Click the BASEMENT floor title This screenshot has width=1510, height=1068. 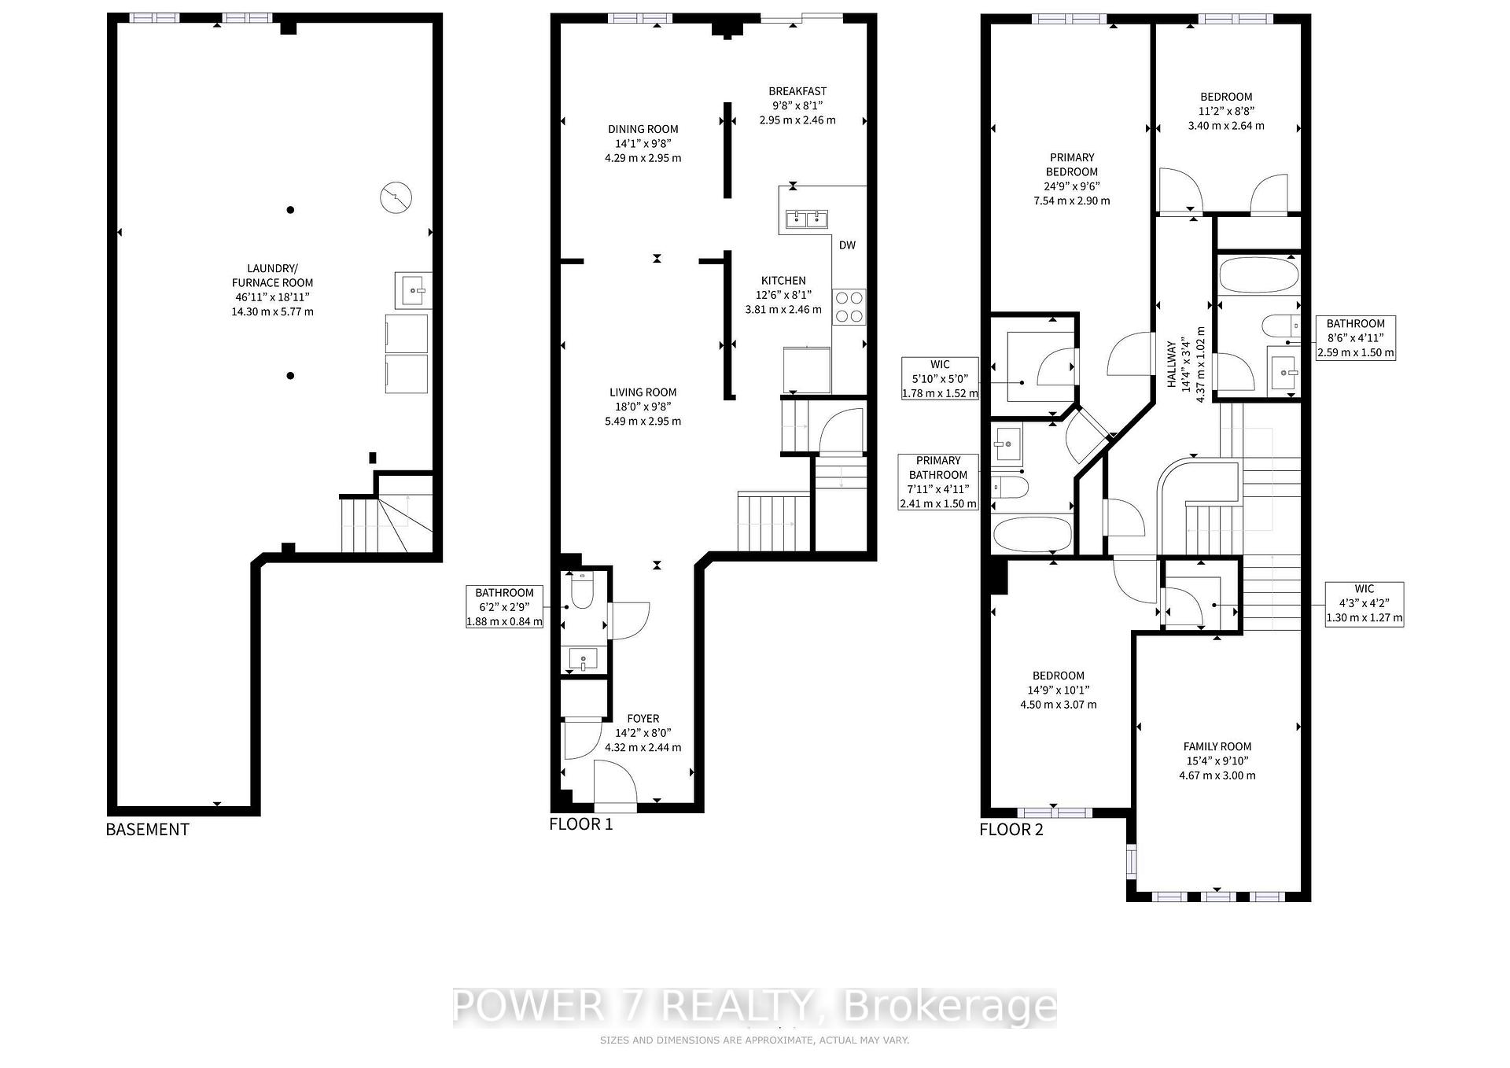(147, 830)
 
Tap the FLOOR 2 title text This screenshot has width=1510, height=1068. (1011, 830)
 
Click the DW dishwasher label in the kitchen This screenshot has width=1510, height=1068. (847, 245)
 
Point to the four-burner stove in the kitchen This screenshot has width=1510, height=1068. (849, 307)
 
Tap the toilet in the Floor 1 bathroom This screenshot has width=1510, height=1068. (582, 591)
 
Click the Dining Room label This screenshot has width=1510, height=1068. (643, 129)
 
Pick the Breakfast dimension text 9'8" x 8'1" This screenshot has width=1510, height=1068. (797, 105)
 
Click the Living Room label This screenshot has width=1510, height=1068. (643, 392)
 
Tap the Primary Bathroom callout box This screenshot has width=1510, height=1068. (939, 482)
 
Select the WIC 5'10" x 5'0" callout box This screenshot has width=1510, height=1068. (940, 378)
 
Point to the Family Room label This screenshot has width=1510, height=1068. (1217, 746)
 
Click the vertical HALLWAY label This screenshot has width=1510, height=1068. (1171, 364)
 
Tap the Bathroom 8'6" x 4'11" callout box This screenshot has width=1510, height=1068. (1355, 338)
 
